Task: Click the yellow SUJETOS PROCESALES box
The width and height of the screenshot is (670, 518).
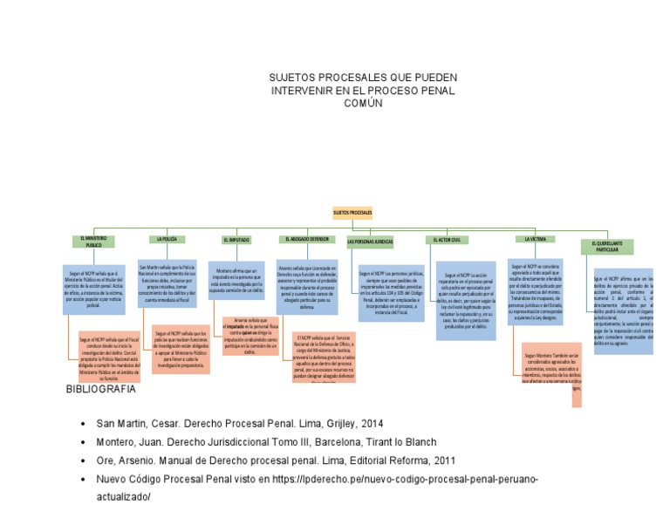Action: [x=352, y=213]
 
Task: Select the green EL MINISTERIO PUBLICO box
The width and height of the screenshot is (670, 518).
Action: [x=93, y=242]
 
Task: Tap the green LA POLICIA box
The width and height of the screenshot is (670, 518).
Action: [x=167, y=238]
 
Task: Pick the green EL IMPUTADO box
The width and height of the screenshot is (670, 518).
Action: [x=236, y=239]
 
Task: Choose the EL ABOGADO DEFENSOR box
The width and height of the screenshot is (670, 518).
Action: [x=307, y=238]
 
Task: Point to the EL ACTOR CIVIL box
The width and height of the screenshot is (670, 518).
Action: [x=450, y=239]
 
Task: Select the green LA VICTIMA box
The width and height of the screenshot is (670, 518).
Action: [x=535, y=238]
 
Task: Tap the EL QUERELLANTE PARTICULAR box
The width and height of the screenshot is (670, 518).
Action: [x=607, y=246]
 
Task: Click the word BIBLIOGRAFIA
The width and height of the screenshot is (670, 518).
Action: [x=100, y=389]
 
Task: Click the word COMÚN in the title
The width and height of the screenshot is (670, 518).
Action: [x=362, y=103]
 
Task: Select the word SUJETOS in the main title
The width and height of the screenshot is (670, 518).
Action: [x=296, y=77]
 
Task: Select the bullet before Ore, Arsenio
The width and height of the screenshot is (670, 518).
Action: [x=83, y=461]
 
